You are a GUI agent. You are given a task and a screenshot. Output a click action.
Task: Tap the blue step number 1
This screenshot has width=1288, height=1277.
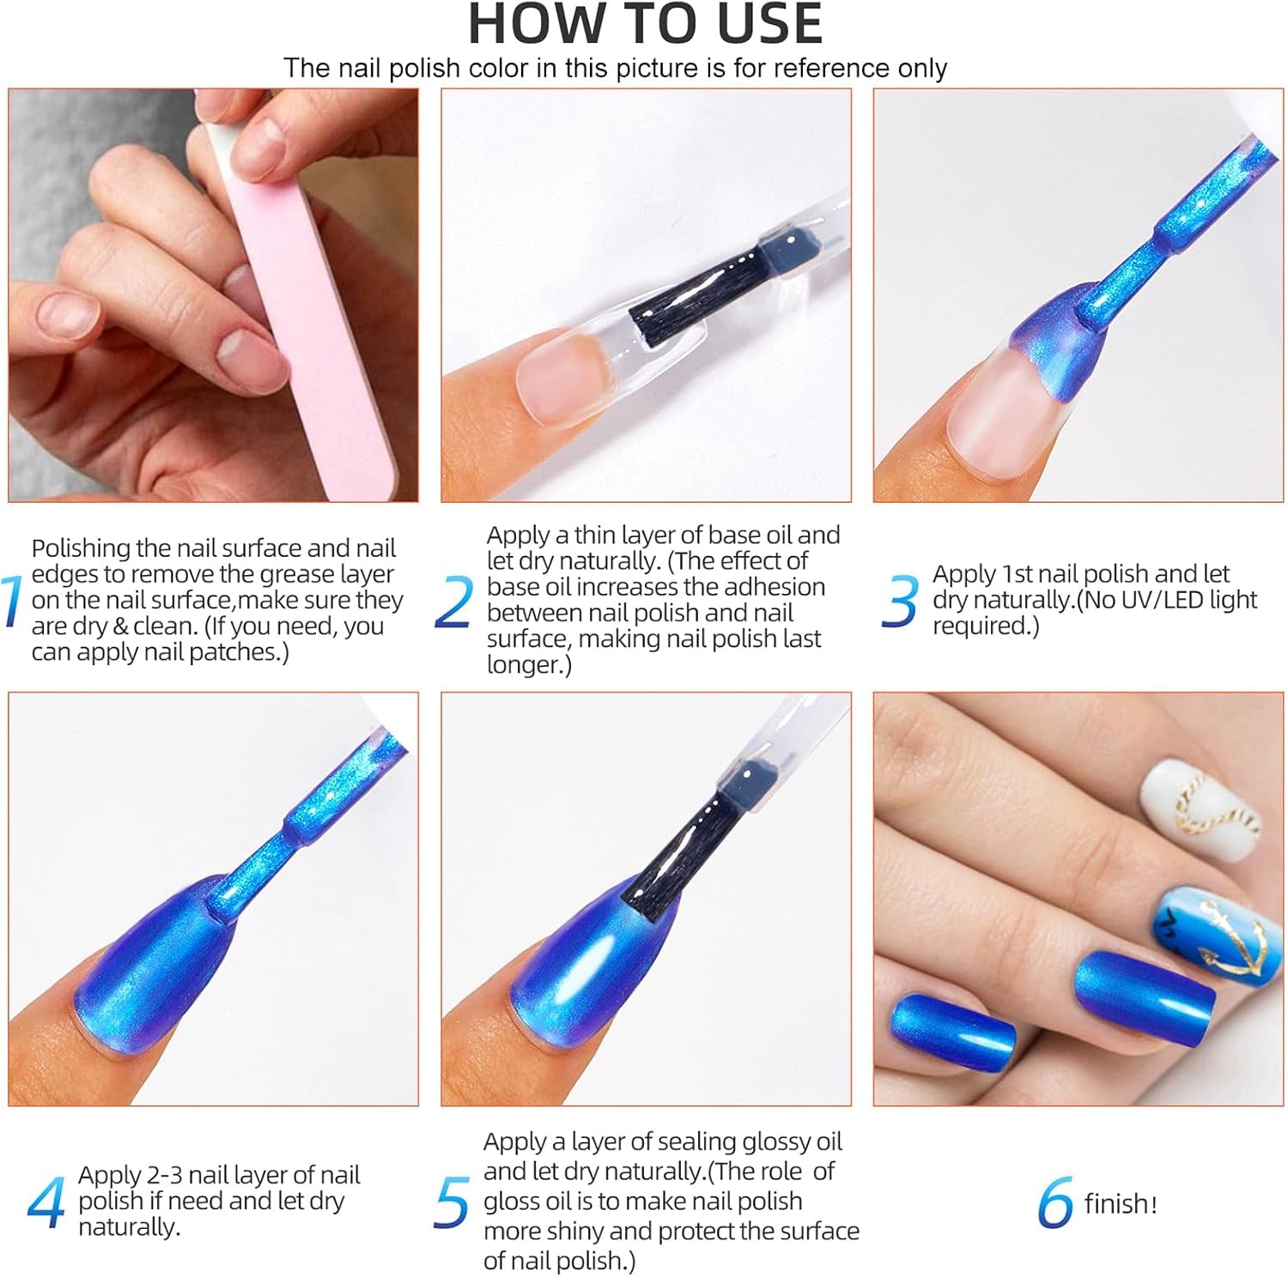(x=11, y=601)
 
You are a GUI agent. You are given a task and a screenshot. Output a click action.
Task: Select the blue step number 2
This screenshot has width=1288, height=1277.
(x=454, y=601)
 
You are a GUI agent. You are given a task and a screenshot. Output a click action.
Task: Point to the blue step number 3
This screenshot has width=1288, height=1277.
(x=900, y=601)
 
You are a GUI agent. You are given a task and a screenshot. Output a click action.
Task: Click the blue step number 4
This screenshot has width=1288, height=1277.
(x=46, y=1202)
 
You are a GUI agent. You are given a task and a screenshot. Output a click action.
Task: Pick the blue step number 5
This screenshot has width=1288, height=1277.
(x=452, y=1202)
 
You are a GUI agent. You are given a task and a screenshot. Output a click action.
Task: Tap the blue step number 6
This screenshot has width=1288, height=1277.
(x=1055, y=1202)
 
